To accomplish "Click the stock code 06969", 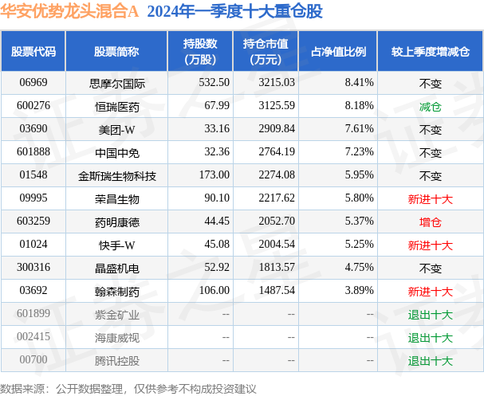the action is [x=33, y=82].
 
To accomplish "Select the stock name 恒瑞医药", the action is [x=117, y=107].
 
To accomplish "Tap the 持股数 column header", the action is [x=200, y=51].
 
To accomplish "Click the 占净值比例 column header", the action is [x=338, y=52].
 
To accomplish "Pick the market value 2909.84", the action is [x=277, y=128].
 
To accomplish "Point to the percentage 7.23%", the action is [x=360, y=151].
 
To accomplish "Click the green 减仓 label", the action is [x=431, y=107].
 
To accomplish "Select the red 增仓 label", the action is [x=431, y=222].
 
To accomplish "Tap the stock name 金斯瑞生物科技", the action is [x=117, y=176].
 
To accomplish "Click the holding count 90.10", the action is [x=217, y=198].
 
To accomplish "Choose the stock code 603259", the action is [x=33, y=222].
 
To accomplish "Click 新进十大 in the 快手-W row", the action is [x=431, y=245].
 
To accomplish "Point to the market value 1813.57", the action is [x=277, y=267].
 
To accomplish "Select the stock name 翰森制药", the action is [x=117, y=292].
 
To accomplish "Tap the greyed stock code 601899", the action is [x=33, y=313].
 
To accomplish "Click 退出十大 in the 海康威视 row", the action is [x=431, y=338].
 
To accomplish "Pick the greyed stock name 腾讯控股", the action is [x=117, y=361].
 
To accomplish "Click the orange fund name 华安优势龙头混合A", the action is [x=69, y=11].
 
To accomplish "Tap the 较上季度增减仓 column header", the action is [x=431, y=52].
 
